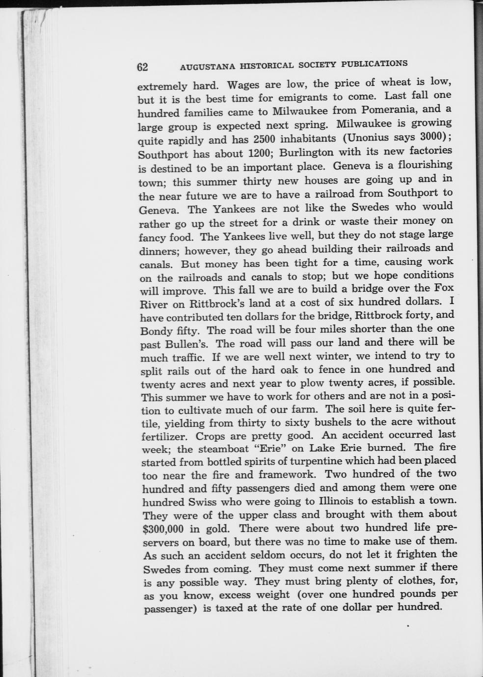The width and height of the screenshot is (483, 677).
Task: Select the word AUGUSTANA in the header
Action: point(203,66)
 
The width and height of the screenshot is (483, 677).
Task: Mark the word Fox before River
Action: point(443,287)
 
